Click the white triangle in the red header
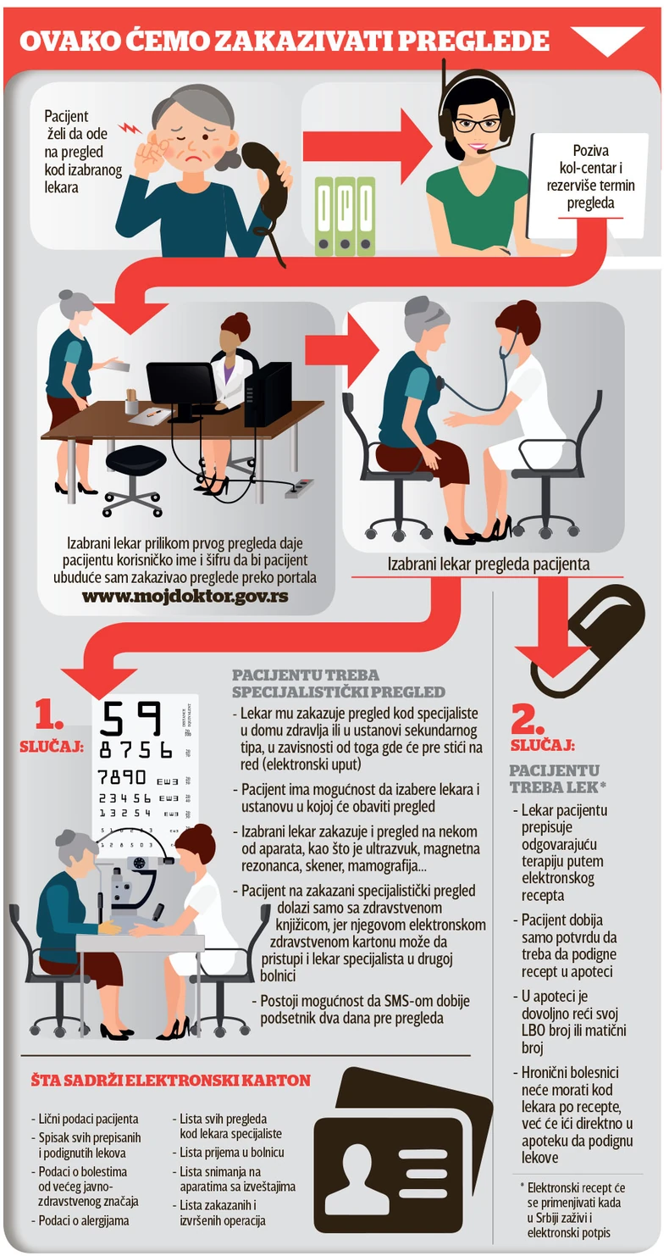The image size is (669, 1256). pos(607,38)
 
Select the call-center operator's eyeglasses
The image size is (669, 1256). pos(477,125)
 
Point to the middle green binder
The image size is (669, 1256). pos(345,216)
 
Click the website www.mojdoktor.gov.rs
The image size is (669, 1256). pos(185,596)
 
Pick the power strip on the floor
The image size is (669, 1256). pos(299,488)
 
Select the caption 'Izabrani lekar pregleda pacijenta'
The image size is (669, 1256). pos(489,564)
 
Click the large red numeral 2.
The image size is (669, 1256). pos(528,720)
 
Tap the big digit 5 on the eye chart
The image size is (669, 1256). pos(111,719)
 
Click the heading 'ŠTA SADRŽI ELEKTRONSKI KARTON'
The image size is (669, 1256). pos(170,1081)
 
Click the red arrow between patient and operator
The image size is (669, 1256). pos(368,147)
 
